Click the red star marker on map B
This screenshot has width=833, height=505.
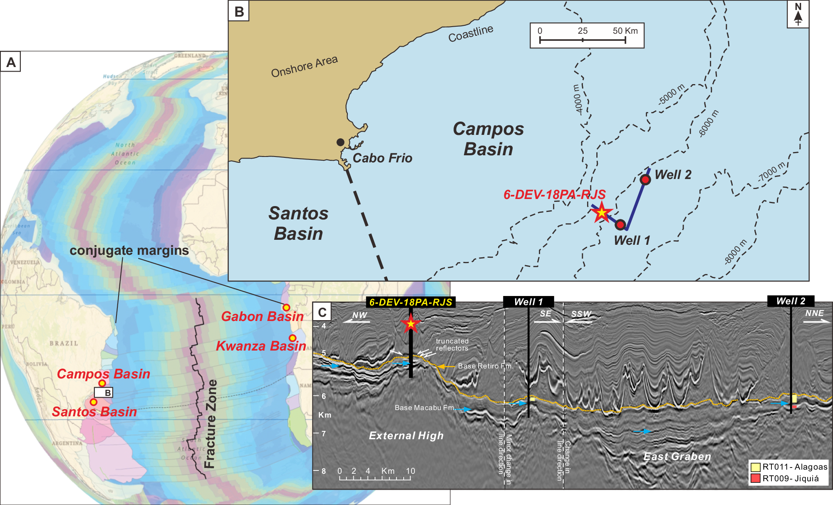click(602, 213)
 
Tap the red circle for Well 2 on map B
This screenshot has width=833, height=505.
click(645, 179)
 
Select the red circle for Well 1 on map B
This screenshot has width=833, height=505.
click(620, 225)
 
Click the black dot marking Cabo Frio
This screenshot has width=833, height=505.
click(340, 142)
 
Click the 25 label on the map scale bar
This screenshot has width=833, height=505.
click(583, 31)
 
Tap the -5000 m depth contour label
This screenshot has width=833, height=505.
click(671, 95)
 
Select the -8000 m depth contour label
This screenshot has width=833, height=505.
click(735, 252)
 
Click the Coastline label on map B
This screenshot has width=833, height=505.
click(471, 33)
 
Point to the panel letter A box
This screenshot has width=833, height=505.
click(11, 62)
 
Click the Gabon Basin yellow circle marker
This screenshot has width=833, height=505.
click(286, 308)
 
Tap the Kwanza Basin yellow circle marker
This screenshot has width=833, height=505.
click(293, 338)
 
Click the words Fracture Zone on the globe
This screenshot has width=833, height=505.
click(211, 423)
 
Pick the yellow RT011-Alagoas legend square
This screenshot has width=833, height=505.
click(755, 467)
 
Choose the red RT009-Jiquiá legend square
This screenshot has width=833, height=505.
click(755, 478)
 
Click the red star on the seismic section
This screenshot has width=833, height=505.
click(411, 323)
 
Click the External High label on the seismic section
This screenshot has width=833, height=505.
click(406, 435)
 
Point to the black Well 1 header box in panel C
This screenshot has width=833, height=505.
click(528, 302)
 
